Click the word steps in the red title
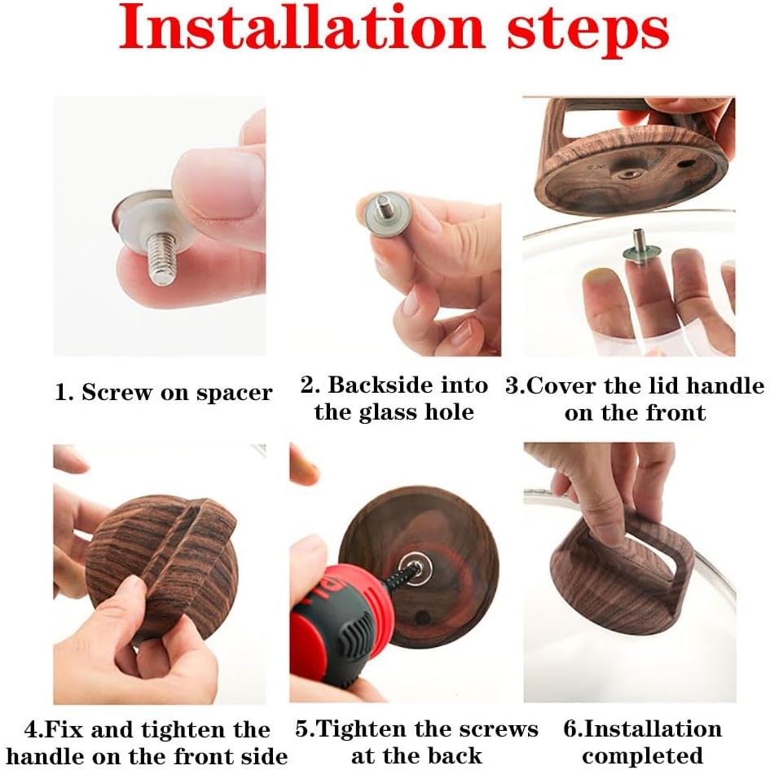tap(587, 33)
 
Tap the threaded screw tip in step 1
tap(161, 258)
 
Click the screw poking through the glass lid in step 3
tap(638, 242)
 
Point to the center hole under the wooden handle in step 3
tap(631, 174)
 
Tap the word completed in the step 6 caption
tap(643, 756)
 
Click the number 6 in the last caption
tap(571, 728)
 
